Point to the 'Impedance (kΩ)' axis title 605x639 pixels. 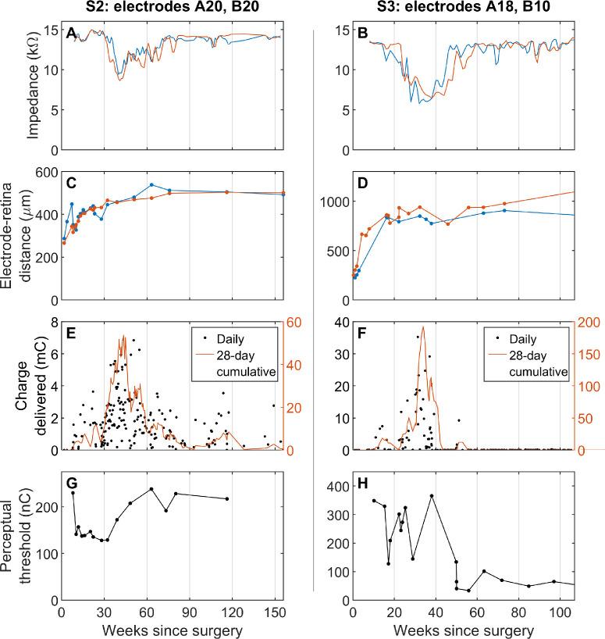pos(34,89)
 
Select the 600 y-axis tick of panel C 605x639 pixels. pos(45,172)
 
